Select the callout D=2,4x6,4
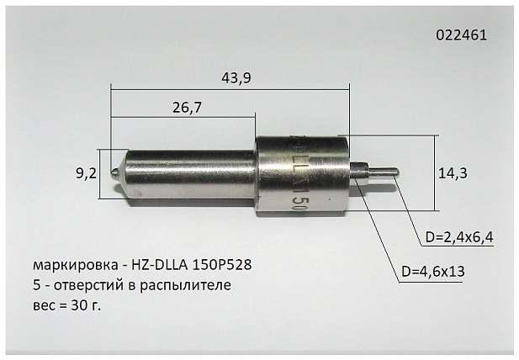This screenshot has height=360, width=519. [458, 237]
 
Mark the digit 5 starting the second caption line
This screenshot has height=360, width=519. [34, 285]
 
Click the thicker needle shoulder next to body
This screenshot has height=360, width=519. [360, 171]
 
